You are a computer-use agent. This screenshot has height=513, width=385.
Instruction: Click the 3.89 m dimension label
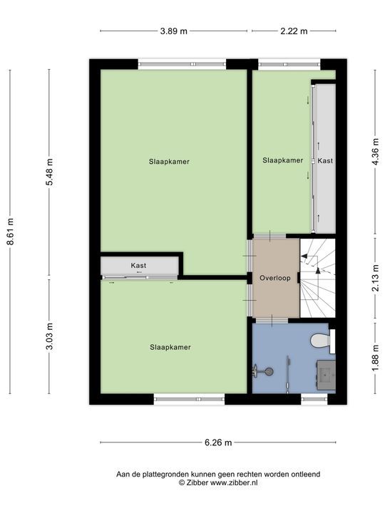(x=173, y=31)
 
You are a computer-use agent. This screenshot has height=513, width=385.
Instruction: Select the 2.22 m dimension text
(x=294, y=31)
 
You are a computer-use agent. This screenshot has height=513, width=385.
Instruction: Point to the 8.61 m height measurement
(x=11, y=232)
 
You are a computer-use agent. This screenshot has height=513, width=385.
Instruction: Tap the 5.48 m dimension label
(x=49, y=172)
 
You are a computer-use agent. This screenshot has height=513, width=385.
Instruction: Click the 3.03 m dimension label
(x=49, y=336)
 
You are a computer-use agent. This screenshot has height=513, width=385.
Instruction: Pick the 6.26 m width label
(x=218, y=442)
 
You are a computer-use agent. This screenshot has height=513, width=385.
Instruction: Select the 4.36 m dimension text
(x=376, y=152)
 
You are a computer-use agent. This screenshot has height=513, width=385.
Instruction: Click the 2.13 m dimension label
(x=376, y=278)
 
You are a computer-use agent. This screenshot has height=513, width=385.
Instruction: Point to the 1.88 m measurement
(x=376, y=358)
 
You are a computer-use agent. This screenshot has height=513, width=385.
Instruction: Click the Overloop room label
(x=275, y=278)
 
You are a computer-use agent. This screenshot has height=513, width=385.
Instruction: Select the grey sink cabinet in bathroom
(x=326, y=375)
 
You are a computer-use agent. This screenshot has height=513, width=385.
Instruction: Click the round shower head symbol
(x=269, y=371)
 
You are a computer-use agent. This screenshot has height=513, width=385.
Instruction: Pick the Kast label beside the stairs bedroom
(x=325, y=160)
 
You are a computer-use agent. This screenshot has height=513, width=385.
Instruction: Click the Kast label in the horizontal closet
(x=138, y=265)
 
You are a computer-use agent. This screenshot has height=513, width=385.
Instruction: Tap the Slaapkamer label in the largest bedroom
(x=169, y=162)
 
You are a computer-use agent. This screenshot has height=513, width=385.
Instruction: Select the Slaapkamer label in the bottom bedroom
(x=170, y=347)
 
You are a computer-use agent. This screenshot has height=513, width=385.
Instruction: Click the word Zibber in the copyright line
(x=197, y=482)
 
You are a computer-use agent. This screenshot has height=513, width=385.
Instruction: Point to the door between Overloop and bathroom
(x=272, y=321)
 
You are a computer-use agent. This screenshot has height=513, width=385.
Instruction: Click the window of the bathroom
(x=314, y=399)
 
